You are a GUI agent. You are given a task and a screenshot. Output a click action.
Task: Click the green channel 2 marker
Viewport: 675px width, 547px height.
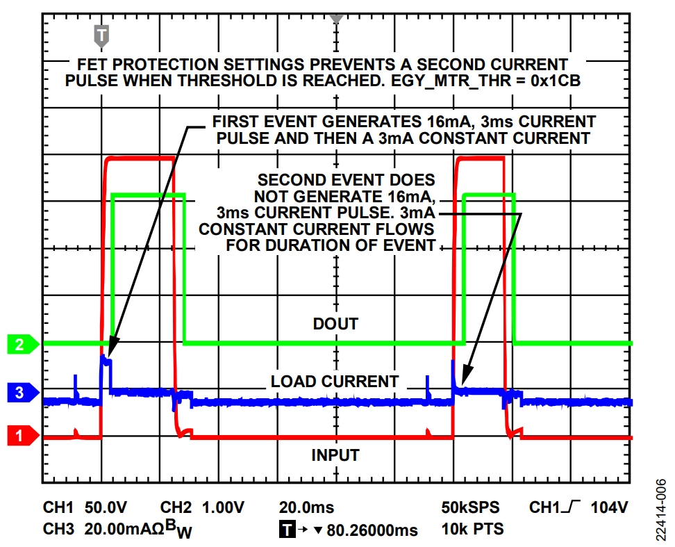point(20,344)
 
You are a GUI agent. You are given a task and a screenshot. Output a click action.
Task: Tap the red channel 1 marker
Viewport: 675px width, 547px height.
point(20,436)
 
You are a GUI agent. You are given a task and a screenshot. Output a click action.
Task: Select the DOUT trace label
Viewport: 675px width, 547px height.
point(335,324)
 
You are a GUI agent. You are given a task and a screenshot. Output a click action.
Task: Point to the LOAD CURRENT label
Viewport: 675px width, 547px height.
point(335,382)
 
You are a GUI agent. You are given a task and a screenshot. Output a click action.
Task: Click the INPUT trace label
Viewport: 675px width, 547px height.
point(335,455)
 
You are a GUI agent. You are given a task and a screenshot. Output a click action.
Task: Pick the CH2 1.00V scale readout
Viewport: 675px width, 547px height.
point(204,507)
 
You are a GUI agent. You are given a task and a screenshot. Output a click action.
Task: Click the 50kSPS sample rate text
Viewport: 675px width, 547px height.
point(470,507)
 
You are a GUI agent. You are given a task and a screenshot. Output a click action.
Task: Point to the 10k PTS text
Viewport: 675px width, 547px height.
point(469,530)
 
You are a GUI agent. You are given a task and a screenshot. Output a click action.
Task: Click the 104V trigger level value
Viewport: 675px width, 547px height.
point(609,507)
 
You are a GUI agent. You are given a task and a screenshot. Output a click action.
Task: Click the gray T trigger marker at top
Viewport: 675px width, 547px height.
point(101,33)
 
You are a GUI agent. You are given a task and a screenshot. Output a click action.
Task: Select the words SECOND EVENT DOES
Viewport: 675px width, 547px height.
point(347,180)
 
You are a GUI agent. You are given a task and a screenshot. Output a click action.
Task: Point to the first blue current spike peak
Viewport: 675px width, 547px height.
point(104,357)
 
